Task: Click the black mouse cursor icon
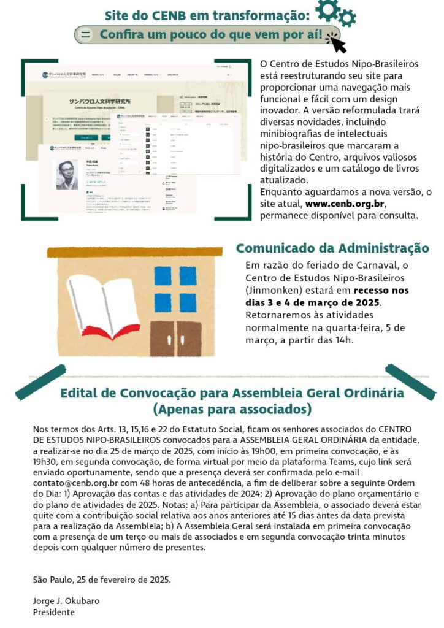click(336, 43)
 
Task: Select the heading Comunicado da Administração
click(332, 248)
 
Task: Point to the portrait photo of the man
click(67, 175)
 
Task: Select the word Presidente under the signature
click(53, 612)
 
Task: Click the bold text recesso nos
click(381, 291)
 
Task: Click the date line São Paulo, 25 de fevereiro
click(102, 579)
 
